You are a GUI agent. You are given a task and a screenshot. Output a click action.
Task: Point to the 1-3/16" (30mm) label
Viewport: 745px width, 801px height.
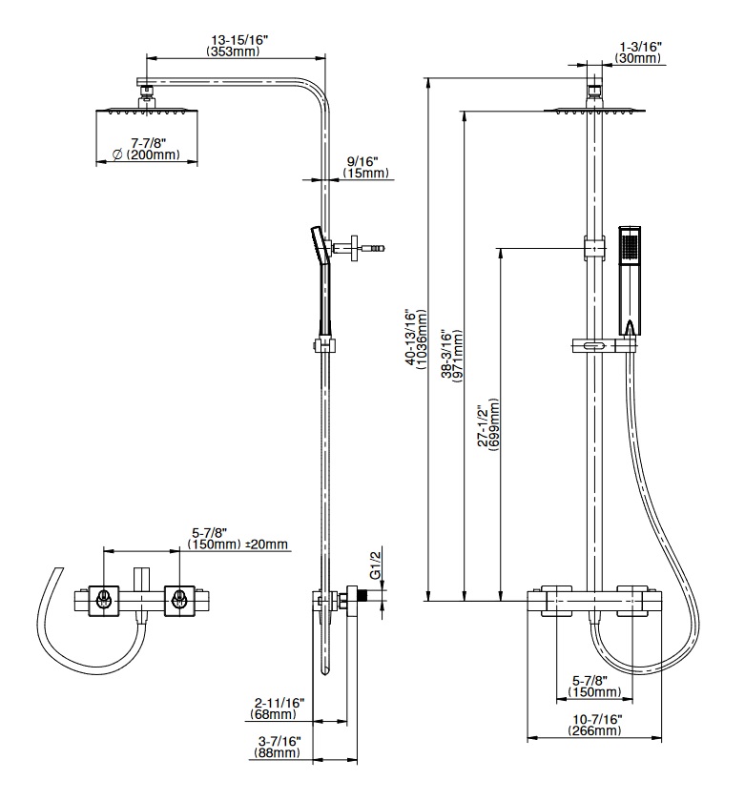tap(640, 51)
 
